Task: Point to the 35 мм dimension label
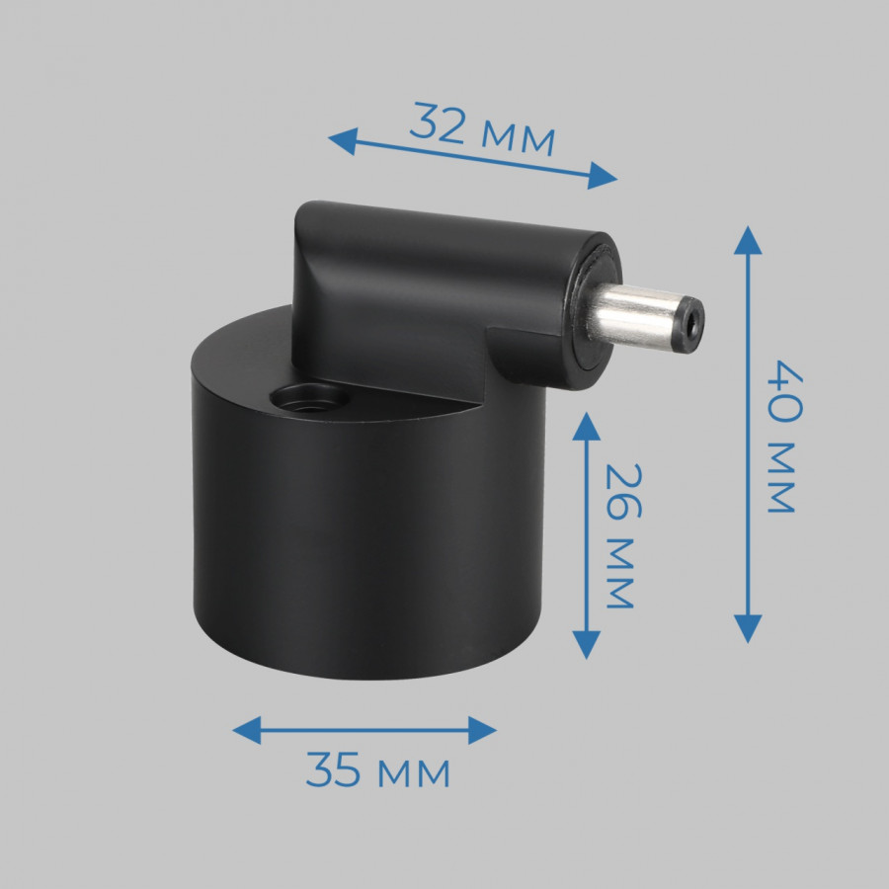click(x=377, y=771)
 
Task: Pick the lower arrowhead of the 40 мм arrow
click(x=748, y=629)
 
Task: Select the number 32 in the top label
click(x=438, y=123)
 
